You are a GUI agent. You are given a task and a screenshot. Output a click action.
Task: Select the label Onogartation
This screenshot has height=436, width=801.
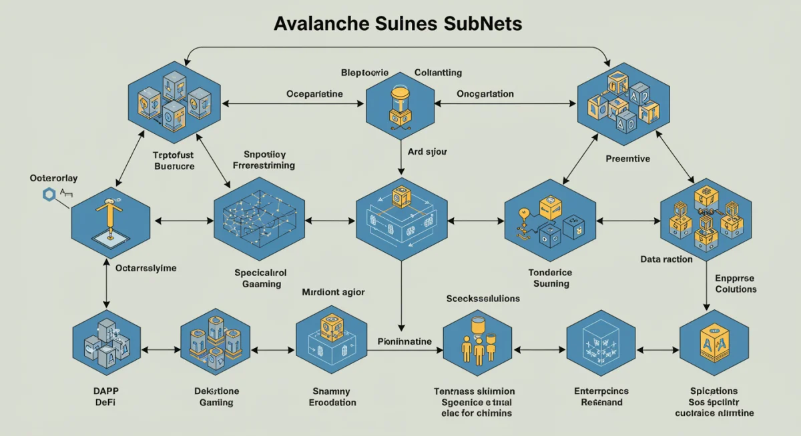(485, 94)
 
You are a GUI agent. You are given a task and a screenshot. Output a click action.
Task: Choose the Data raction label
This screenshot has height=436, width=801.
(666, 259)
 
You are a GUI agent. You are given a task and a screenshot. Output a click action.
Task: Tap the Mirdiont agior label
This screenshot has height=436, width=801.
(333, 292)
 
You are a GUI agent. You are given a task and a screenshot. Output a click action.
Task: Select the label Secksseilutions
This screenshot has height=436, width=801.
(483, 299)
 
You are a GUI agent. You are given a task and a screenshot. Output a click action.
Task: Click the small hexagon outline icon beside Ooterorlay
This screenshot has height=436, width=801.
(48, 195)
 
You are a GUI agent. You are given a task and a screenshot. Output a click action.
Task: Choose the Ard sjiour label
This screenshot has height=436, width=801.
(427, 151)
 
